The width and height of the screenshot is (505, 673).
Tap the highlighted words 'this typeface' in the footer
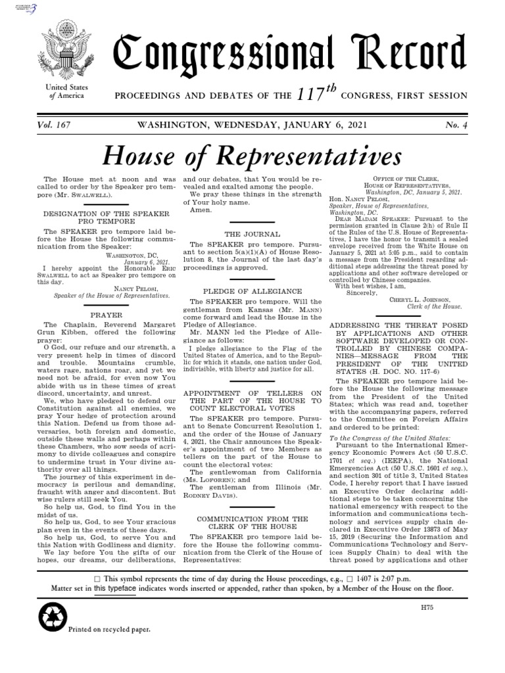tap(115, 588)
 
